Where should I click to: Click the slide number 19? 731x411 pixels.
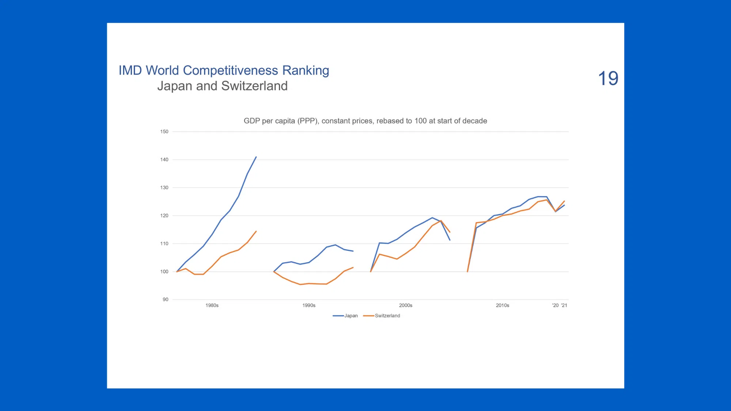pyautogui.click(x=608, y=78)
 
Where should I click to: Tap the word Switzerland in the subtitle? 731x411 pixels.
pyautogui.click(x=254, y=86)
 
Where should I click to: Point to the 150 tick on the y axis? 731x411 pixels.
pyautogui.click(x=164, y=132)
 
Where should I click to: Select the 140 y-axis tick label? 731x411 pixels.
pyautogui.click(x=164, y=160)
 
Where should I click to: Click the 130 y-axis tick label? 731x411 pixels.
pyautogui.click(x=164, y=187)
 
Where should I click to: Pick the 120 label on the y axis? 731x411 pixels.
pyautogui.click(x=164, y=216)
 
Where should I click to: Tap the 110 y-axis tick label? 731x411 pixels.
pyautogui.click(x=164, y=244)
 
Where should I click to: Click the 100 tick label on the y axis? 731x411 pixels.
pyautogui.click(x=164, y=271)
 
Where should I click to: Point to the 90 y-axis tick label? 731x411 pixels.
pyautogui.click(x=166, y=300)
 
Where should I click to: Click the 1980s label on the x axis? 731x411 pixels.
pyautogui.click(x=212, y=305)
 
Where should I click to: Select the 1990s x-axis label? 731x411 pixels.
pyautogui.click(x=309, y=305)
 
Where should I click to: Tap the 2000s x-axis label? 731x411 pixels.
pyautogui.click(x=406, y=305)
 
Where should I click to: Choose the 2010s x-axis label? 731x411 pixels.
pyautogui.click(x=503, y=305)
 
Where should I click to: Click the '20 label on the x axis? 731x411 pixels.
pyautogui.click(x=556, y=305)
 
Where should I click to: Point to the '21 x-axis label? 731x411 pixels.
pyautogui.click(x=564, y=305)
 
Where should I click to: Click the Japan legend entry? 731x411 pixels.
pyautogui.click(x=345, y=316)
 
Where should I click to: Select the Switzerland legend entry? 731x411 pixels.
pyautogui.click(x=382, y=316)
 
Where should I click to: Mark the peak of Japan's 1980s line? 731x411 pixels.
pyautogui.click(x=256, y=157)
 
